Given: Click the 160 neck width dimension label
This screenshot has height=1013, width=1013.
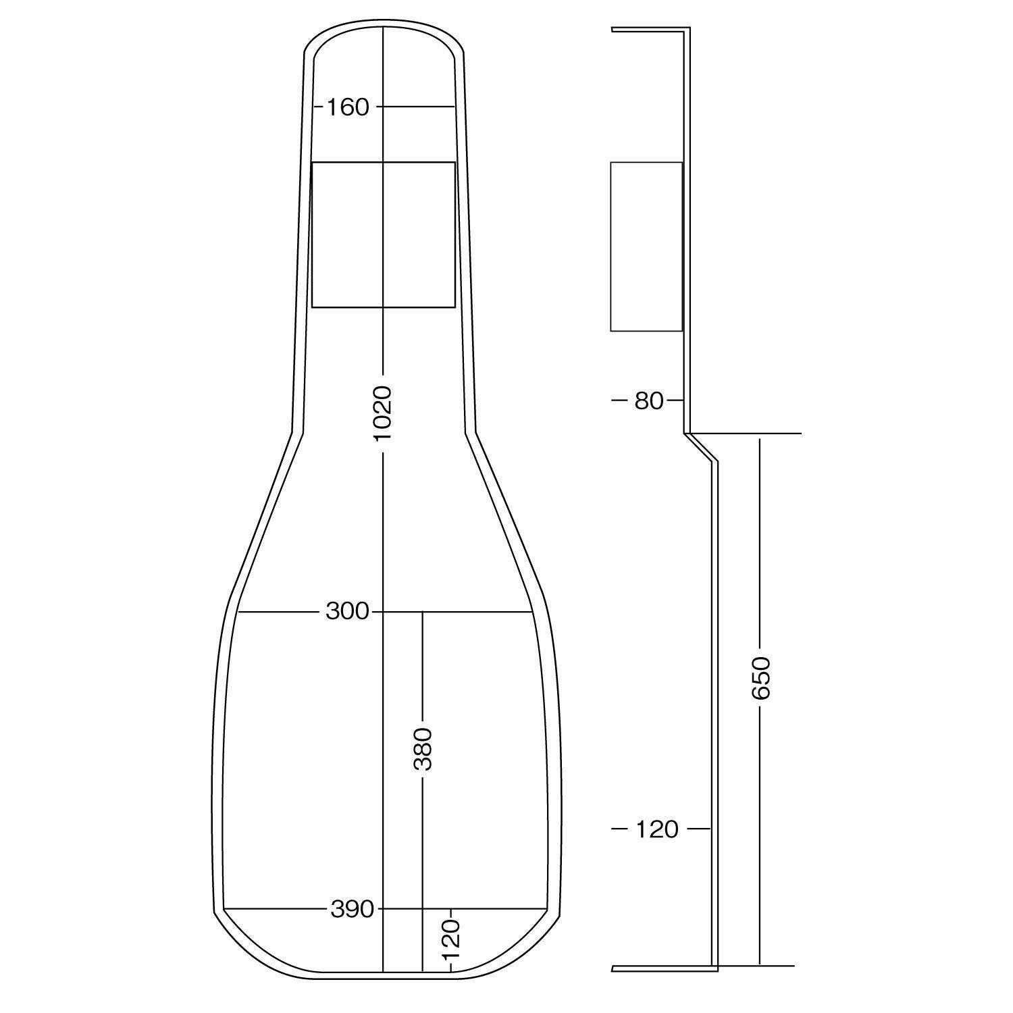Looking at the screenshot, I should [348, 107].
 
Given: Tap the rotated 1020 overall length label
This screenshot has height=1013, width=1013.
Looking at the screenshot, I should [383, 413].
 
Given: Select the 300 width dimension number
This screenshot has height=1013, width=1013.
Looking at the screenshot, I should [348, 612].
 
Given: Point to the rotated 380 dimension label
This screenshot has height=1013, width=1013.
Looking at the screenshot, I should [423, 749].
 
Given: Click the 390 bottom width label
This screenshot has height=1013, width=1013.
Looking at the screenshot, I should [352, 909].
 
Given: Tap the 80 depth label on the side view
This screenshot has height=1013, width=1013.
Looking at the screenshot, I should [649, 401].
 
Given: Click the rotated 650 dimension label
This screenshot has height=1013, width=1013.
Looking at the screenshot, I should [760, 677].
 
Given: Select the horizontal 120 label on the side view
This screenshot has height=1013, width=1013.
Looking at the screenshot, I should [656, 829].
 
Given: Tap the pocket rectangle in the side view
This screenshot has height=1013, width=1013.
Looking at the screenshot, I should [646, 246].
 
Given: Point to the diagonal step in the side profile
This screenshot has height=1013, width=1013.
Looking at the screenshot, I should [701, 448].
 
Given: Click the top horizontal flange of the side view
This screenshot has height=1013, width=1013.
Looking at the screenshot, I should [650, 29].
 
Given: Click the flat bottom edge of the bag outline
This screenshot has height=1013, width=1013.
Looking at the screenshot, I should [383, 976].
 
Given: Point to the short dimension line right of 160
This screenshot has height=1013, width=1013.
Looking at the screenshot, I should [415, 107].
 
